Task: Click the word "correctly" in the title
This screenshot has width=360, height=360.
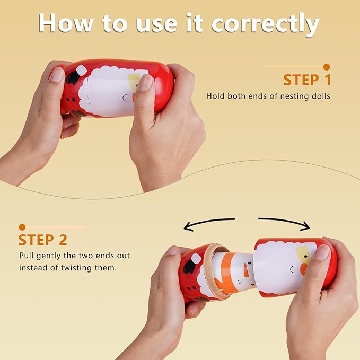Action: pos(265,24)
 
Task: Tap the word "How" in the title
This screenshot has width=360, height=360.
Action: pos(66,23)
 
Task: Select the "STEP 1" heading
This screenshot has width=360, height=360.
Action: pos(307,80)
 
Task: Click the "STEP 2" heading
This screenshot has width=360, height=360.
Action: pos(43,240)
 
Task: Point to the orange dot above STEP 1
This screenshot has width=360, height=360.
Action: pos(327,67)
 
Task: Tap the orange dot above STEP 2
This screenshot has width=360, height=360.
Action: pos(22,227)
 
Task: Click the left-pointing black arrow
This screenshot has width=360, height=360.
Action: pos(209,223)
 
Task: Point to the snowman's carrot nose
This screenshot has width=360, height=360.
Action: pos(246,270)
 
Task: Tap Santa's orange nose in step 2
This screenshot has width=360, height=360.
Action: pos(303,269)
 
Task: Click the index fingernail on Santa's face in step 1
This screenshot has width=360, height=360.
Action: pos(145,82)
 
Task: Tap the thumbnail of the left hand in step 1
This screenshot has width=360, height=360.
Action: pos(57,74)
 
